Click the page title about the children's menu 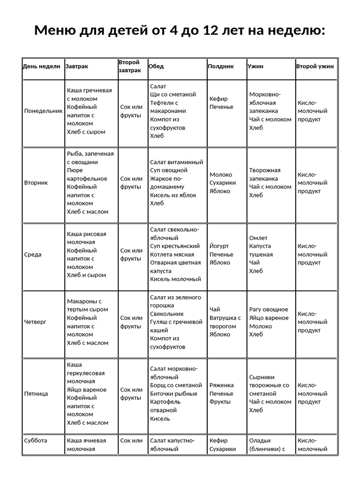[180, 31]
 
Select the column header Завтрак [77, 67]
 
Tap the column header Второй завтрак [129, 66]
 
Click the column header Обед [156, 67]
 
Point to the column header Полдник [221, 67]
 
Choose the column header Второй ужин [315, 67]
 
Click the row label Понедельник [43, 111]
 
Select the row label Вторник [36, 183]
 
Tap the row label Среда [33, 255]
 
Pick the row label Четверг [36, 322]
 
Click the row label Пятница [36, 394]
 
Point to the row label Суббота [36, 441]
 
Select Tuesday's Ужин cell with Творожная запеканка [270, 183]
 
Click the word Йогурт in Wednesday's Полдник [220, 246]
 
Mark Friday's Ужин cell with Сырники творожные [270, 394]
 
